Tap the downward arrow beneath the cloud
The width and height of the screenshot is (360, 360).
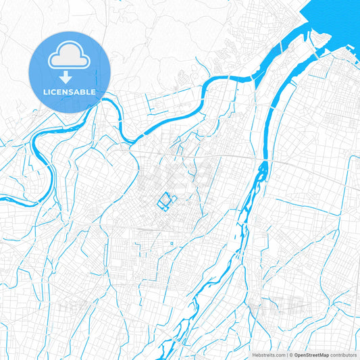coord(70,76)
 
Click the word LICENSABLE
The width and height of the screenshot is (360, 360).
coord(70,91)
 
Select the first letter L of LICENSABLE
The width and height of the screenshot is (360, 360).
coord(45,91)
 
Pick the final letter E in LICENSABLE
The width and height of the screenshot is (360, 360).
coord(94,91)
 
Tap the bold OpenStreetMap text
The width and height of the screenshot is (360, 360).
coord(311,355)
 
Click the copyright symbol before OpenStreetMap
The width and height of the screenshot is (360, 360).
coord(290,355)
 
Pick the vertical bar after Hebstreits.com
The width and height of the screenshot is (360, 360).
coord(284,355)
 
